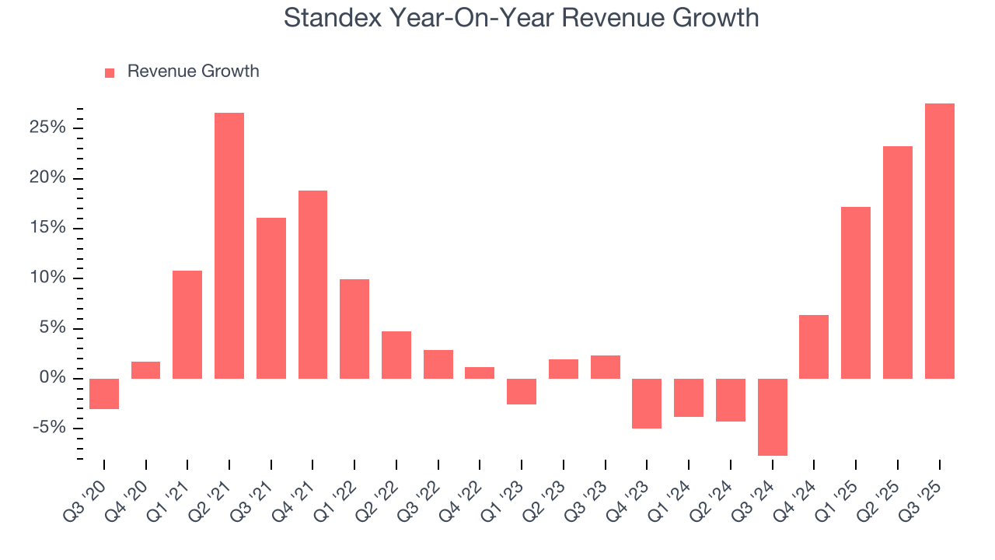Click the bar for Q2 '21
coord(229,246)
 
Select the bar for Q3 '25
coord(940,241)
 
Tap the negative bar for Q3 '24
coord(773,417)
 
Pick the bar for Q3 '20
coord(104,394)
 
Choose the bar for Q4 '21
coord(312,285)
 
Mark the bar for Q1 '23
coord(522,391)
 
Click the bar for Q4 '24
coord(814,347)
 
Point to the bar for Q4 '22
coord(480,373)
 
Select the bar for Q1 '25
coord(856,292)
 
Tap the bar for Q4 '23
coord(647,403)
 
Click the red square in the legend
coord(110,72)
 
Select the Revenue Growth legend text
coord(193,72)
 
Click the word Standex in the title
coord(333,17)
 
